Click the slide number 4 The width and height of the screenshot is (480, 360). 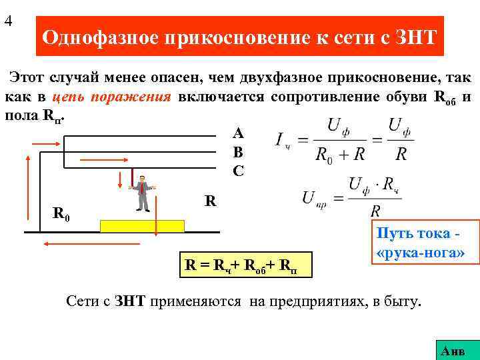click(8, 21)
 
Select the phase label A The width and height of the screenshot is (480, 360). click(239, 133)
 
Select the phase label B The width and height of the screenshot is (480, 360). click(239, 152)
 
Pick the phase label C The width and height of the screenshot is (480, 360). click(239, 171)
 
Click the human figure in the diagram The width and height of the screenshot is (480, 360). click(141, 193)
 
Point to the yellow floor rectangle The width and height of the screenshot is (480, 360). click(142, 225)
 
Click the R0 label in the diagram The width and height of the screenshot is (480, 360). click(61, 215)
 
